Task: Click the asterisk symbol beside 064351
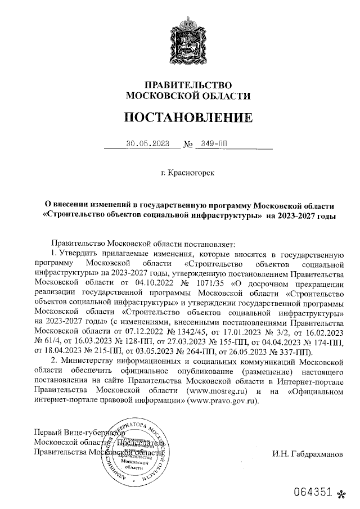[339, 493]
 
